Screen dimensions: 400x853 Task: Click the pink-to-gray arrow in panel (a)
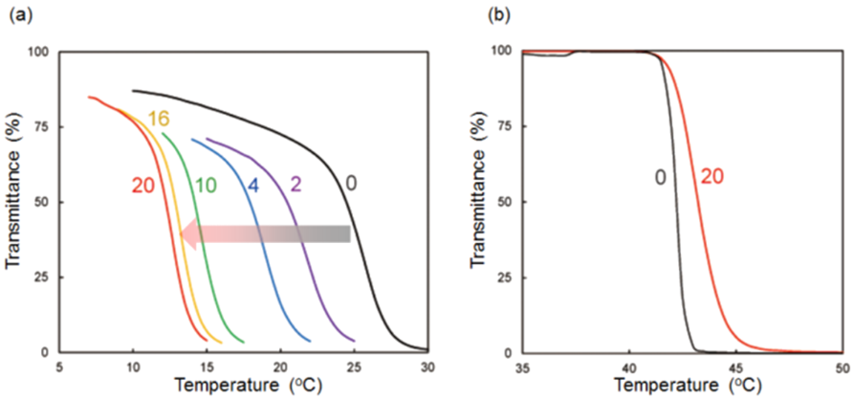(x=267, y=233)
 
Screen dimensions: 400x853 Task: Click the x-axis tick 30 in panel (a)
(x=427, y=367)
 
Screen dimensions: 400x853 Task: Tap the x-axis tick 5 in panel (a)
(x=59, y=367)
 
